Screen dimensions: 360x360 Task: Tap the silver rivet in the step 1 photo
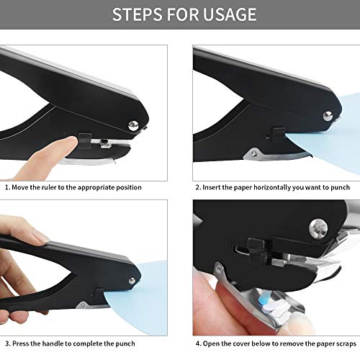[133, 126]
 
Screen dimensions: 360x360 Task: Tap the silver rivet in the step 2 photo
[327, 116]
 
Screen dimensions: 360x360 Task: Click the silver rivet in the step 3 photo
[132, 281]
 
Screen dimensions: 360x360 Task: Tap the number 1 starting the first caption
[6, 187]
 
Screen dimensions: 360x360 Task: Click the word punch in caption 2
[342, 187]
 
